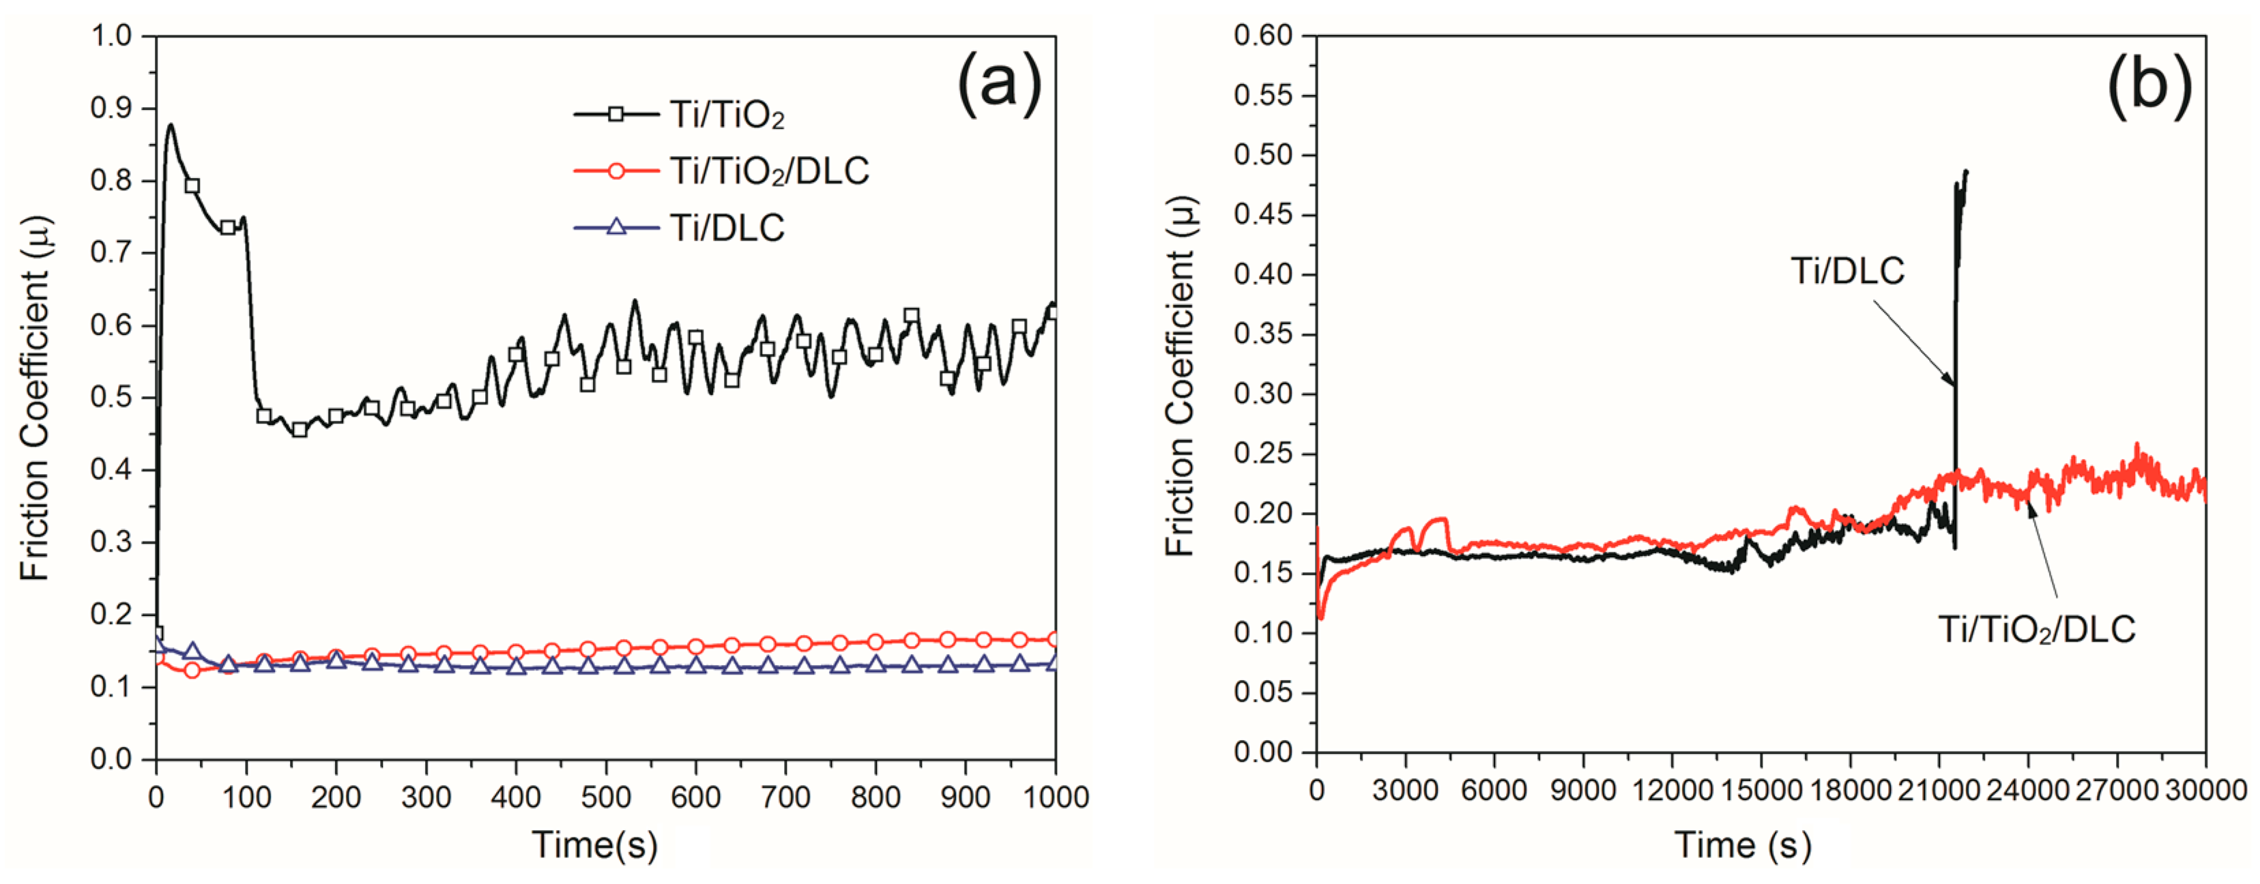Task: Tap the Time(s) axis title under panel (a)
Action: [595, 845]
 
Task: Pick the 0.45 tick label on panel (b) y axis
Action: [1262, 215]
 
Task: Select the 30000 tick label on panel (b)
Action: [2205, 790]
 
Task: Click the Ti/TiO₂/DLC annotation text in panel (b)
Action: [2036, 630]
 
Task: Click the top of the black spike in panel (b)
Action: [1966, 172]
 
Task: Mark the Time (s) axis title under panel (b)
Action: [1742, 845]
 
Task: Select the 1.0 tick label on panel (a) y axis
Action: [111, 36]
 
